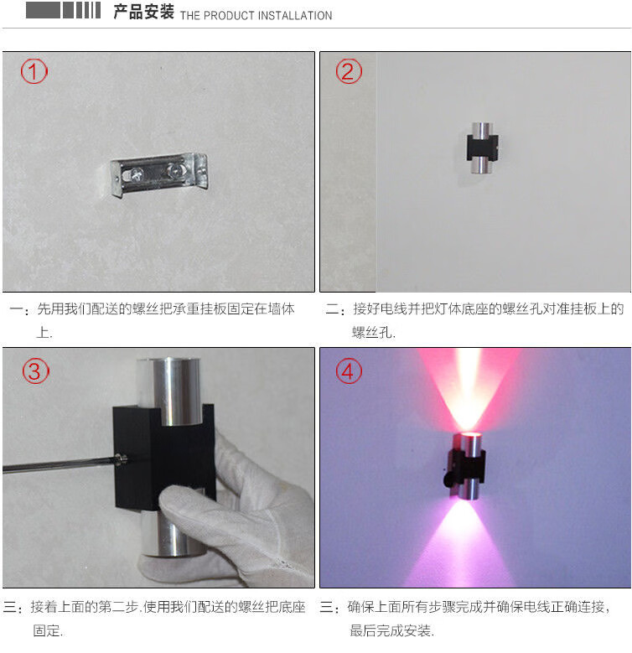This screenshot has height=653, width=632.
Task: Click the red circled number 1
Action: click(x=34, y=71)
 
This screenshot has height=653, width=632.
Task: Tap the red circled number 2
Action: click(x=349, y=71)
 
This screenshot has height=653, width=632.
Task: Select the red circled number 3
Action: click(x=36, y=371)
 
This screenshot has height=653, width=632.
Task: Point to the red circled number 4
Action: click(x=349, y=371)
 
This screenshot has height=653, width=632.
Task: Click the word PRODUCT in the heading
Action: click(x=229, y=16)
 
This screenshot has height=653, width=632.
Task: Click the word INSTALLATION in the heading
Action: click(x=295, y=16)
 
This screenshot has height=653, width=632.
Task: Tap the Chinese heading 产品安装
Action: click(x=143, y=12)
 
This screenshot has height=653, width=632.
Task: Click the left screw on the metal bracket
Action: click(x=136, y=175)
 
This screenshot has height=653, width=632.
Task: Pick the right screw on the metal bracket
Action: click(x=175, y=169)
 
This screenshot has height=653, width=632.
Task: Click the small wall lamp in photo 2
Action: click(x=482, y=148)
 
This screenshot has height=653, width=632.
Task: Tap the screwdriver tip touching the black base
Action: click(x=122, y=459)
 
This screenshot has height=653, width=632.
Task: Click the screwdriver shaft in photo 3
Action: click(x=60, y=464)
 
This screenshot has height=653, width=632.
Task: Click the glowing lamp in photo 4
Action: click(x=466, y=465)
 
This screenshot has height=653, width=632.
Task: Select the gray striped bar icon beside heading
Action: click(x=63, y=10)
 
